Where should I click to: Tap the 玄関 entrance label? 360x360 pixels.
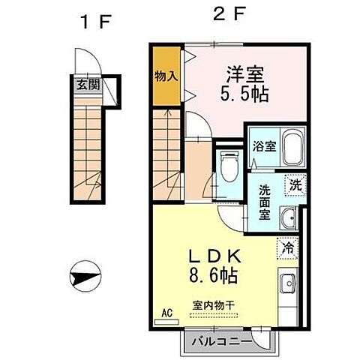(85, 85)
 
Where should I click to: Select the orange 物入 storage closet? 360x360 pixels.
(166, 76)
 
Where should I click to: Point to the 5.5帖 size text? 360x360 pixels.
(245, 95)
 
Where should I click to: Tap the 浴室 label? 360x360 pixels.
(263, 146)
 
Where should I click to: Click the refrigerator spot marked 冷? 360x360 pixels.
(287, 244)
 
